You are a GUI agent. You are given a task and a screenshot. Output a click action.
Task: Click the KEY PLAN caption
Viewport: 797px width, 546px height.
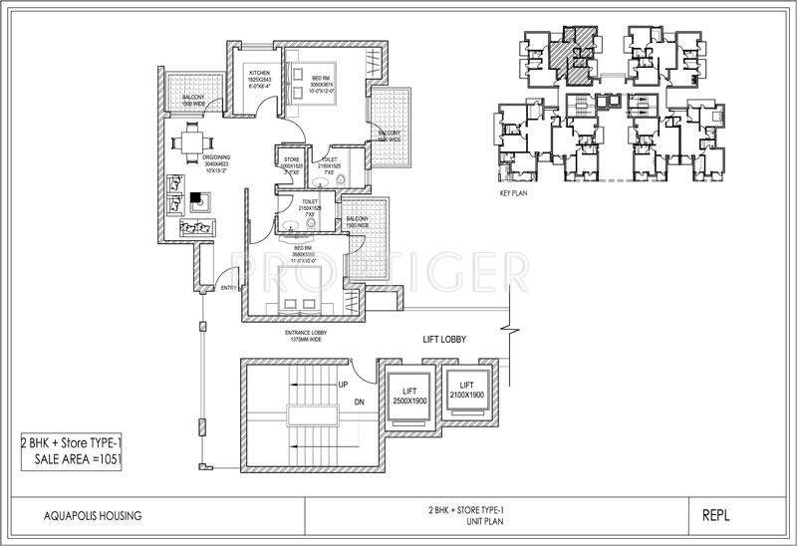click(x=512, y=196)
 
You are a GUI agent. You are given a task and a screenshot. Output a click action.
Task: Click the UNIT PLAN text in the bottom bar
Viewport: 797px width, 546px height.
click(x=498, y=521)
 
